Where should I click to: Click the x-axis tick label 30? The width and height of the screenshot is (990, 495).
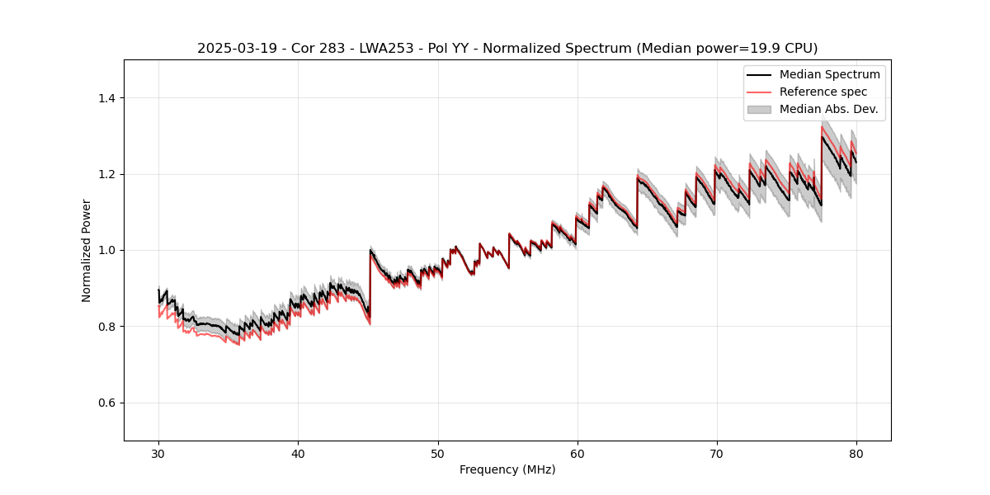[158, 454]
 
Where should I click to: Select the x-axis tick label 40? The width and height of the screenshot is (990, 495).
[298, 454]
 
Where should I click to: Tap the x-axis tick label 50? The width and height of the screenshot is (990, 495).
[438, 454]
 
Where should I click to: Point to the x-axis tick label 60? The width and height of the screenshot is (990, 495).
[577, 454]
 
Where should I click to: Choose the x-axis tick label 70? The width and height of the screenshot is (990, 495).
[717, 454]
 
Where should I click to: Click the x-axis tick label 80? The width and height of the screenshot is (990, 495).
[856, 454]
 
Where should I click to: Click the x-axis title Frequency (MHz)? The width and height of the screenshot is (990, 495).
[507, 469]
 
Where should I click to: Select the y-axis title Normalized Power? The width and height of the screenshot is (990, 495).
[86, 250]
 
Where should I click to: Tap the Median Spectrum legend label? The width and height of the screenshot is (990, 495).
[829, 74]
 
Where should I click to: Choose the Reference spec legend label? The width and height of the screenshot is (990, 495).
[823, 92]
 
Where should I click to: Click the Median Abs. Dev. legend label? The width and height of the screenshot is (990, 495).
[828, 109]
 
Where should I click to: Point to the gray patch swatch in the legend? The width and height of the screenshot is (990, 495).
[759, 109]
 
